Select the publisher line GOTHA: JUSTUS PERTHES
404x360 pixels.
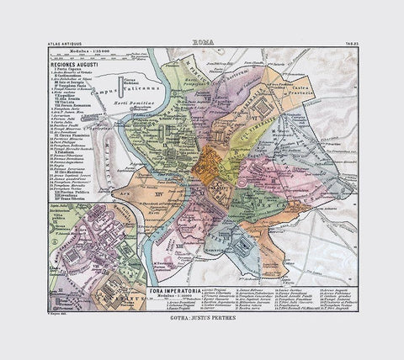(x=203, y=320)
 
